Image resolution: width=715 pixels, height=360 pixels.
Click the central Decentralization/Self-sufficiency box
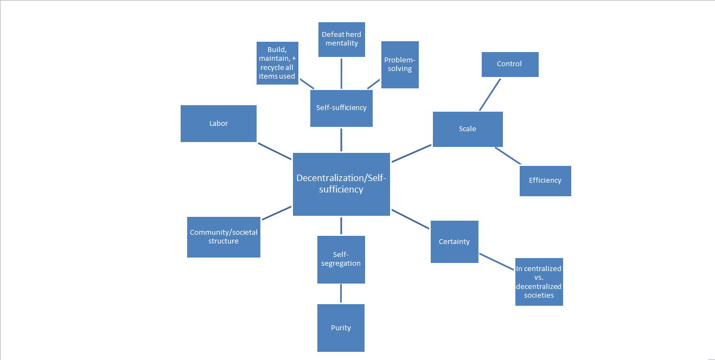(341, 184)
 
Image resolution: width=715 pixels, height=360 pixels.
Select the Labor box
(218, 124)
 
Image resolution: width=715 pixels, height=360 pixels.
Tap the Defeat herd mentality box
(341, 39)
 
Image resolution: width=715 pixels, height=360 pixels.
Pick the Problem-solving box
(400, 65)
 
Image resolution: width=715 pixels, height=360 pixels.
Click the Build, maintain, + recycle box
(277, 63)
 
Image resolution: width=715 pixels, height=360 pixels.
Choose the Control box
(509, 64)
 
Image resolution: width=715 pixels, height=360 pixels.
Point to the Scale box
(467, 129)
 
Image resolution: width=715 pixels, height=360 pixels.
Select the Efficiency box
(545, 181)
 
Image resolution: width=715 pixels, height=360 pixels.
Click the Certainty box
(454, 241)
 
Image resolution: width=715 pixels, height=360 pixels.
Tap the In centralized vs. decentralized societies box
(539, 281)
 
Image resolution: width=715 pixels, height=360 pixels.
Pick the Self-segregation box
(341, 259)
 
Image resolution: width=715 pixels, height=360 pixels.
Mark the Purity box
(341, 327)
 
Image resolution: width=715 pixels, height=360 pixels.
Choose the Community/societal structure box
(224, 237)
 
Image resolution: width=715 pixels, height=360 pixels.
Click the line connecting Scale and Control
(489, 95)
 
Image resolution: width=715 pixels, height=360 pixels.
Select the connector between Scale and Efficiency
(508, 156)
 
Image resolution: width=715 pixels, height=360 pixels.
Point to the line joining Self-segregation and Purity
(341, 293)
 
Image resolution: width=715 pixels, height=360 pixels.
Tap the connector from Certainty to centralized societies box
(496, 261)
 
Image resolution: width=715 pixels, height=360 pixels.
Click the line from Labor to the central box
(274, 151)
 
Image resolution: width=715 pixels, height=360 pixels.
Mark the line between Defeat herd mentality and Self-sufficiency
(341, 73)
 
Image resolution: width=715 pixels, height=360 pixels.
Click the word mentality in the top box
(342, 43)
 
